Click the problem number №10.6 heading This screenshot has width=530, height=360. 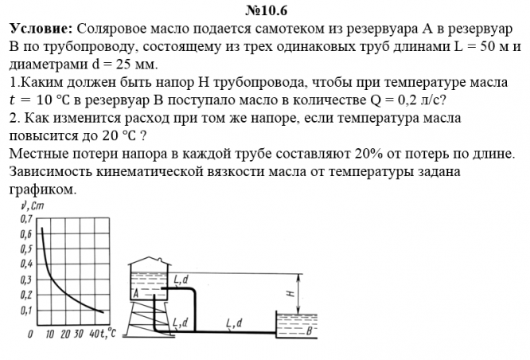coord(266,10)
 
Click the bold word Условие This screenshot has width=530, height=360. coord(41,29)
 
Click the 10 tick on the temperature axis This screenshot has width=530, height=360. coord(49,334)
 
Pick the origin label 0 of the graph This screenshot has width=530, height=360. coord(29,334)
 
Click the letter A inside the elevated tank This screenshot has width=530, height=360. coord(136,292)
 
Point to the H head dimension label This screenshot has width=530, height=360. coord(290,293)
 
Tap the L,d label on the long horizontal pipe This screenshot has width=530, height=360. coord(234,322)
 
